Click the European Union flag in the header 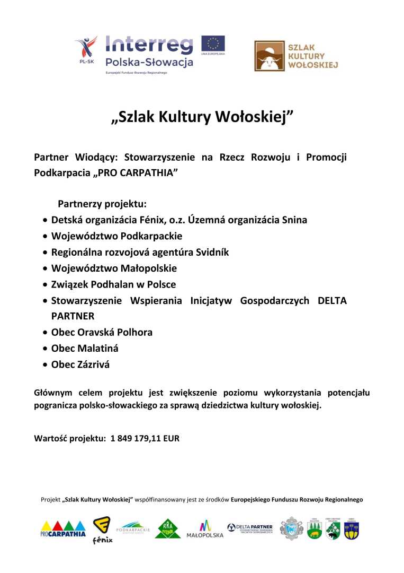coord(213,43)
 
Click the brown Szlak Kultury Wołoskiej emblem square coord(268,56)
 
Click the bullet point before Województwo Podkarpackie coord(47,237)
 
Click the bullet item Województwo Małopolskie coord(114,268)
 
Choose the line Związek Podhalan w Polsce coord(113,284)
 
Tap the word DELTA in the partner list coord(332,301)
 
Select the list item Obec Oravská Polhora coord(102,332)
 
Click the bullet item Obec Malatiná coord(85,349)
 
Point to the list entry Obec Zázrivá coord(80,364)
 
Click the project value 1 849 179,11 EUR coord(145,439)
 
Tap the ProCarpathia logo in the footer coord(63,528)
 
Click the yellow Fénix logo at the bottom coord(102,530)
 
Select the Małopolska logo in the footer coord(205,529)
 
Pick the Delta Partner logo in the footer coord(249,528)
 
